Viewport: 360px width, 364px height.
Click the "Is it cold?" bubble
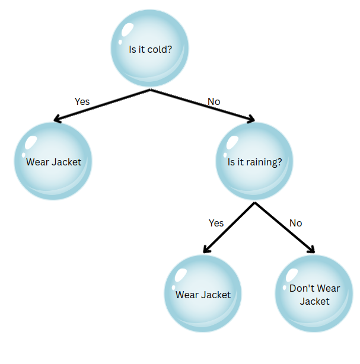[150, 49]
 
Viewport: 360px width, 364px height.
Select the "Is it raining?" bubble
[254, 161]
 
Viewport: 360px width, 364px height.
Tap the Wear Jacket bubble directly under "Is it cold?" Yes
[53, 161]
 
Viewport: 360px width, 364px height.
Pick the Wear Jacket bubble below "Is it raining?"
[203, 294]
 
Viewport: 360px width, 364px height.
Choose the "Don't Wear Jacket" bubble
[314, 294]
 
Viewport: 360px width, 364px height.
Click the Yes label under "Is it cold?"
[82, 101]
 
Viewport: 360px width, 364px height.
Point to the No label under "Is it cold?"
[214, 101]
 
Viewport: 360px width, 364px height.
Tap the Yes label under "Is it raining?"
[216, 223]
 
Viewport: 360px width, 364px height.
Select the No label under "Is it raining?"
[295, 223]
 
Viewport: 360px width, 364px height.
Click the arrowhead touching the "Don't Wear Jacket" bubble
[311, 250]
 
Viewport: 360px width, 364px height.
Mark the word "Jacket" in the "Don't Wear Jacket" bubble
[314, 301]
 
